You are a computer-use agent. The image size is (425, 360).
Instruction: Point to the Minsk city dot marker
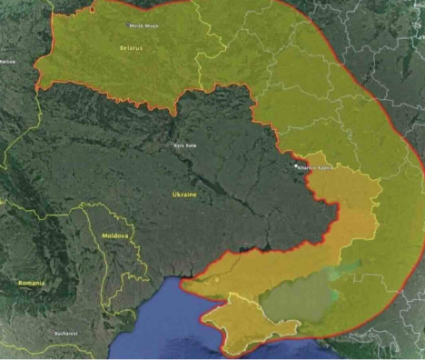click(x=128, y=25)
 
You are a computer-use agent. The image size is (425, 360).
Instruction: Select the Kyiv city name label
click(x=186, y=145)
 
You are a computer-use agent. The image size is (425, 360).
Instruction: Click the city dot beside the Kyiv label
click(x=173, y=144)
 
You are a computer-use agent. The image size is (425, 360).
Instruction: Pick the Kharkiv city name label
click(x=318, y=167)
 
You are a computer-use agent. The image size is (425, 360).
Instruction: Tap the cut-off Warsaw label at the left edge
click(x=8, y=62)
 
